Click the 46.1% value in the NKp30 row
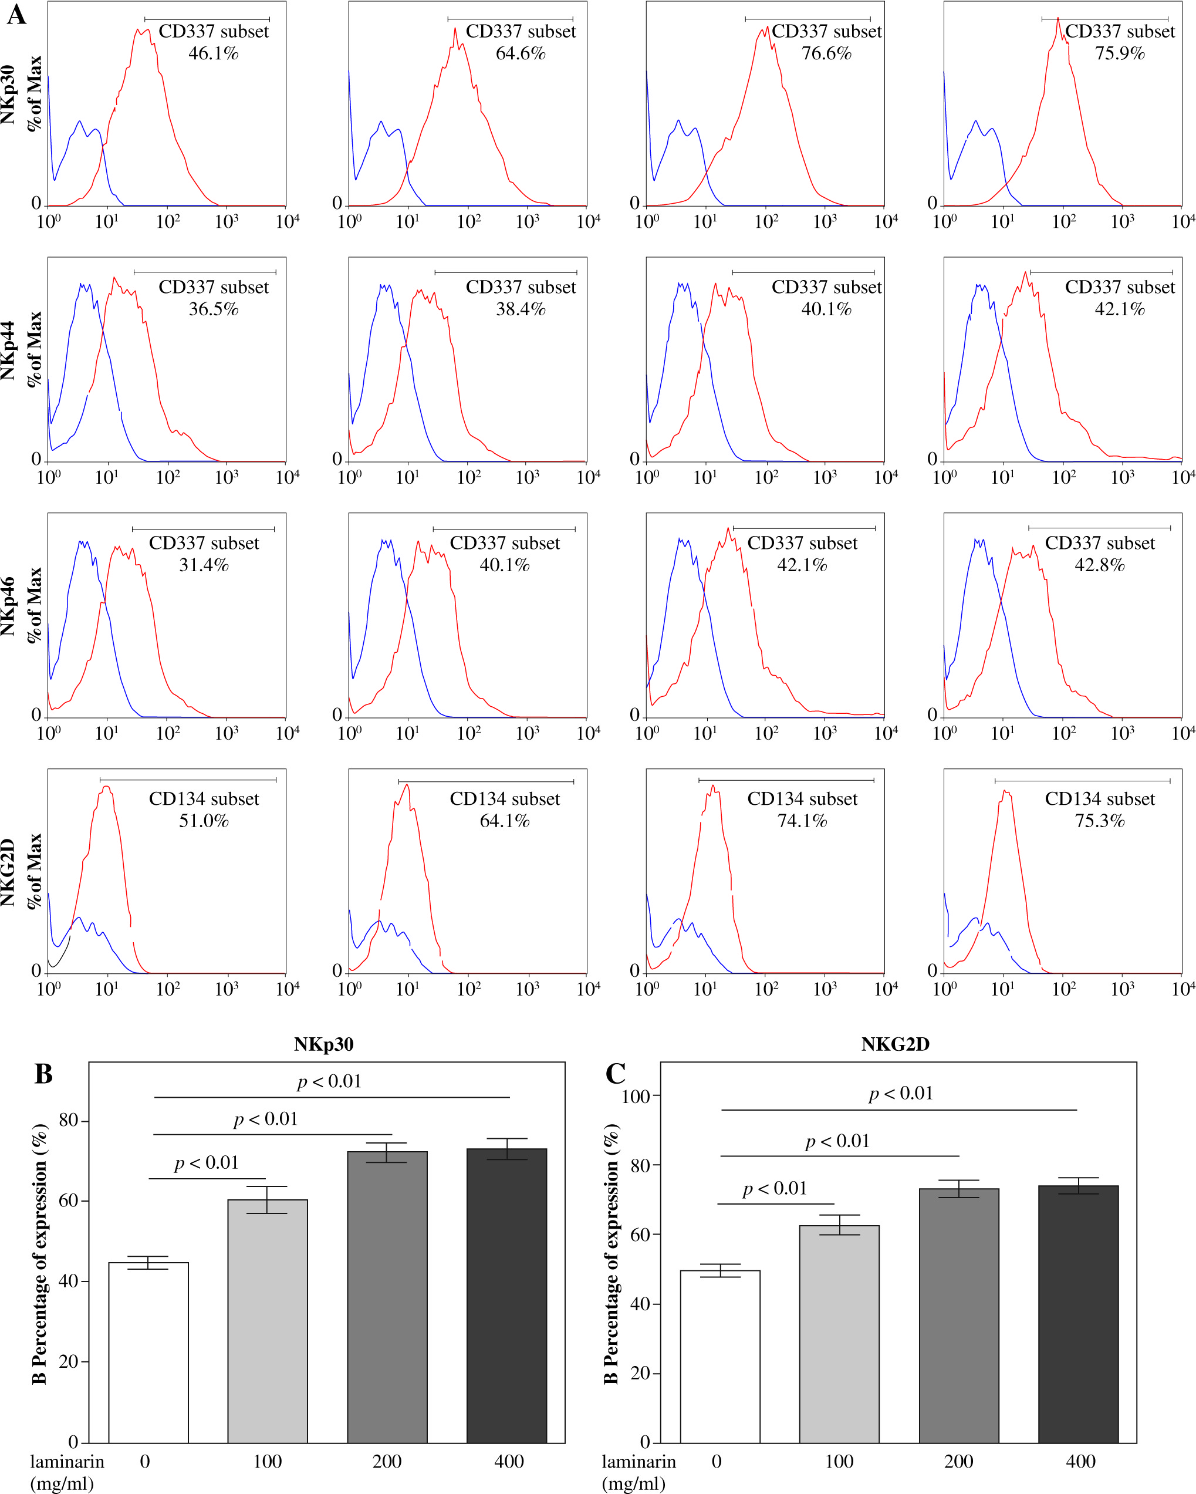(x=214, y=53)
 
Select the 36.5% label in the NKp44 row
(x=214, y=309)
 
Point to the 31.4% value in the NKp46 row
(x=204, y=565)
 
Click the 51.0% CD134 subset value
(x=204, y=821)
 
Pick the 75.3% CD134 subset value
(x=1099, y=821)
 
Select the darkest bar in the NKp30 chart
(x=506, y=1295)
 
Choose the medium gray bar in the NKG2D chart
(x=959, y=1316)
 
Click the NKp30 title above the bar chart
(x=323, y=1044)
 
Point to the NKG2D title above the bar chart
(x=896, y=1044)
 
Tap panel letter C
(x=616, y=1074)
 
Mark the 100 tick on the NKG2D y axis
(x=636, y=1096)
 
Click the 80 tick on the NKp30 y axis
(x=69, y=1121)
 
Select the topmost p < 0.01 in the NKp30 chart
(x=330, y=1082)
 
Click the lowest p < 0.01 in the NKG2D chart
(x=775, y=1189)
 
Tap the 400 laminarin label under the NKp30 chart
(x=509, y=1462)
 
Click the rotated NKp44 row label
(x=8, y=350)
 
